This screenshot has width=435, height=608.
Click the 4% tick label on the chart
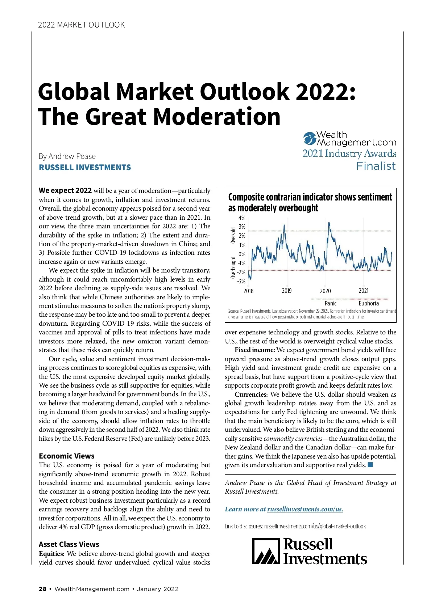242,218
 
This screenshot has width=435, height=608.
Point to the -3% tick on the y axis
241,281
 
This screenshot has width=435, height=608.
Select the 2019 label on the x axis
287,291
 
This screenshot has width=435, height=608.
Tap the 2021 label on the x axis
364,291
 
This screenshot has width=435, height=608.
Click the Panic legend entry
330,303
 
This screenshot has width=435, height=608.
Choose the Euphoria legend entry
369,303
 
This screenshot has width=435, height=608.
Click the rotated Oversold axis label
233,235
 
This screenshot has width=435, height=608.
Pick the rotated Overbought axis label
233,268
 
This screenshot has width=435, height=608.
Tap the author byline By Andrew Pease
67,156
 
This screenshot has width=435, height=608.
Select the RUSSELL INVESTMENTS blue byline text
85,168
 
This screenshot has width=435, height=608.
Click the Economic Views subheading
67,456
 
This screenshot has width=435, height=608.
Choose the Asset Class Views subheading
69,544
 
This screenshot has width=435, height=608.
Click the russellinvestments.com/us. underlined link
305,509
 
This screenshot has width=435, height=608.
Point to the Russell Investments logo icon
266,551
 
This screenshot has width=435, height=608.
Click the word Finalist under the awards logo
376,166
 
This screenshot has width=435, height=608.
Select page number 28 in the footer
43,589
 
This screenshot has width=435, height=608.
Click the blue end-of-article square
370,465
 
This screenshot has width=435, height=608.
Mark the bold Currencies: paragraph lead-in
251,394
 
